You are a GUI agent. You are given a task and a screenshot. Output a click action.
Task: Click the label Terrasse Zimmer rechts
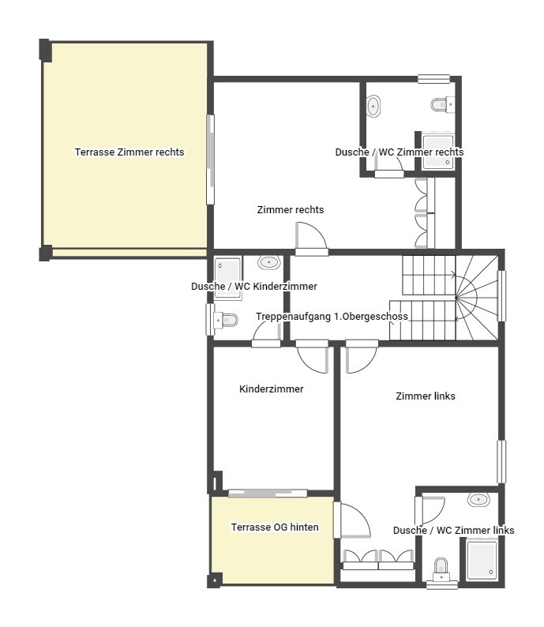click(x=129, y=152)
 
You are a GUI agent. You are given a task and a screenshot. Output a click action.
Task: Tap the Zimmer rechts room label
click(x=290, y=210)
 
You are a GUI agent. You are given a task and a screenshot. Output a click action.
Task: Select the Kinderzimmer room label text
click(x=271, y=389)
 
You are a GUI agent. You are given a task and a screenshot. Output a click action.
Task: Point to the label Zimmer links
click(x=425, y=396)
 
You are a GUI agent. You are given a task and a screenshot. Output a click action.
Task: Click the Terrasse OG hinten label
click(x=275, y=527)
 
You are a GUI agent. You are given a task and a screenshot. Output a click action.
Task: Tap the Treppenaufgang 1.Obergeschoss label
click(x=332, y=316)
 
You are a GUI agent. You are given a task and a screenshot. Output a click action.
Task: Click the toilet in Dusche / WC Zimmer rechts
click(x=441, y=103)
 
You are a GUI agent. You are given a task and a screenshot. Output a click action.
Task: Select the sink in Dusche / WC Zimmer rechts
click(x=374, y=105)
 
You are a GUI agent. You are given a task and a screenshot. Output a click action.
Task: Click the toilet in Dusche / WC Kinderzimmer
click(x=227, y=320)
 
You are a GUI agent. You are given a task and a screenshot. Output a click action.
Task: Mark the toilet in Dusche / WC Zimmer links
click(x=441, y=568)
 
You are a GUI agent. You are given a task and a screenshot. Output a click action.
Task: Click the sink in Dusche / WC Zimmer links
click(x=478, y=499)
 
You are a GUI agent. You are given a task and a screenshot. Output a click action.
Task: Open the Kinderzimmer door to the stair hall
click(x=313, y=357)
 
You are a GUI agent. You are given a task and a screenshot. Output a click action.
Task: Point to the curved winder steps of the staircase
click(x=474, y=296)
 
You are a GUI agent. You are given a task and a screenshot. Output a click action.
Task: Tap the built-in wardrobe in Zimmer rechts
click(x=421, y=212)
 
